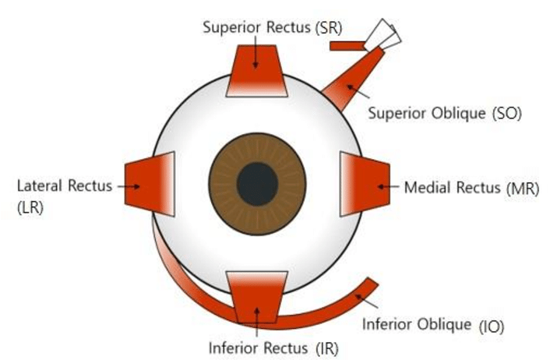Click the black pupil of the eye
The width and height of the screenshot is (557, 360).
(257, 184)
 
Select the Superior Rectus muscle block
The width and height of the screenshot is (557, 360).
(257, 75)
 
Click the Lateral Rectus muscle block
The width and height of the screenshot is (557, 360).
(150, 185)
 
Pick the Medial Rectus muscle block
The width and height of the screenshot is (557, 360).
(363, 185)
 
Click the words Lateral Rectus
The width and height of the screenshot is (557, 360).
(64, 185)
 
